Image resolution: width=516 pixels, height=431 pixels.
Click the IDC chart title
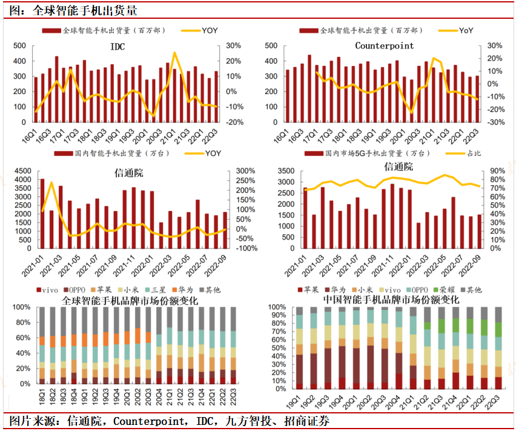click(x=118, y=47)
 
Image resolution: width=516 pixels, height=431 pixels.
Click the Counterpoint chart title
click(x=384, y=46)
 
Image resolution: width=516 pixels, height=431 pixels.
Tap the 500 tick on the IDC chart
click(x=19, y=45)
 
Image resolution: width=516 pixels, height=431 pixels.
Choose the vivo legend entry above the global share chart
click(x=49, y=290)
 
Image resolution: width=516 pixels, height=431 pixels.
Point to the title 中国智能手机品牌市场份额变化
click(x=391, y=300)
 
